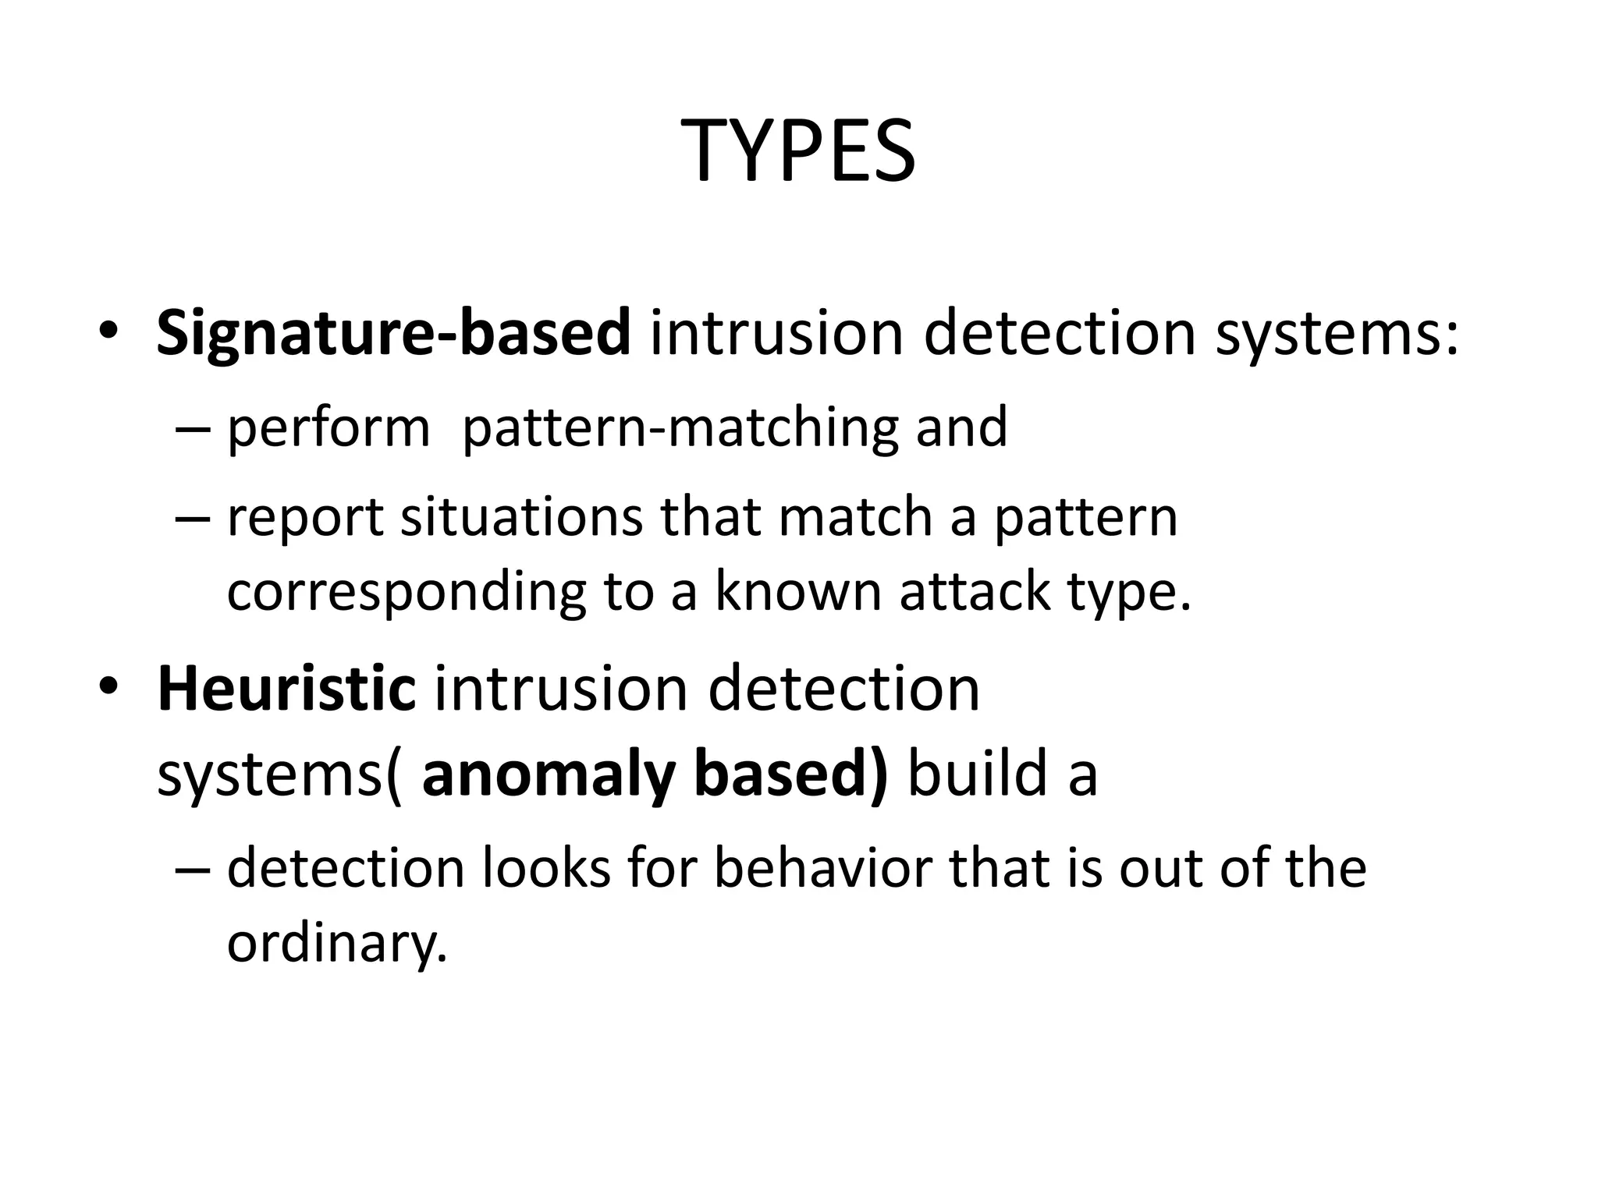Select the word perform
pos(328,429)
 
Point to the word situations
pos(522,518)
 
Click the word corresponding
pos(406,593)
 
